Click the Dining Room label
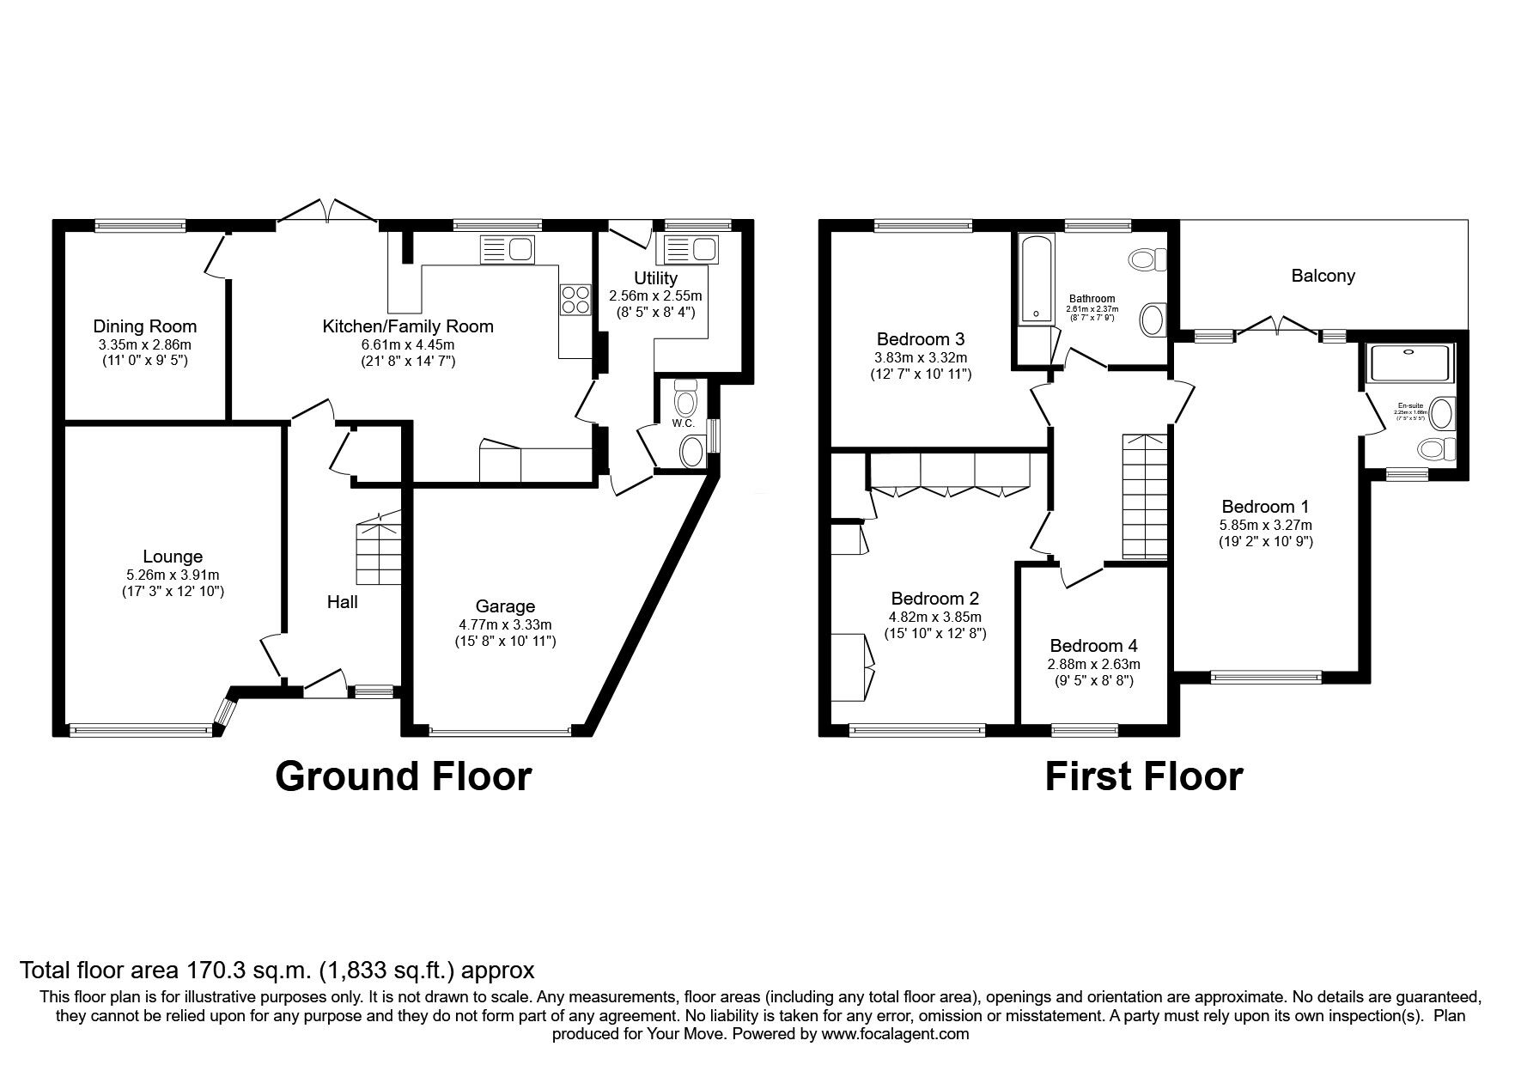coord(144,326)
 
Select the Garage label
coord(506,606)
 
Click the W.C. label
coord(684,423)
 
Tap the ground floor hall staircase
coord(379,550)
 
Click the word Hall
coord(342,602)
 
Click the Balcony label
coord(1323,276)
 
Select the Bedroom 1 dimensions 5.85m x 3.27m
coord(1265,525)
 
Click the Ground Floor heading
coord(403,776)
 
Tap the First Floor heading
coord(1143,776)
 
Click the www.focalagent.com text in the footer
coord(896,1034)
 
